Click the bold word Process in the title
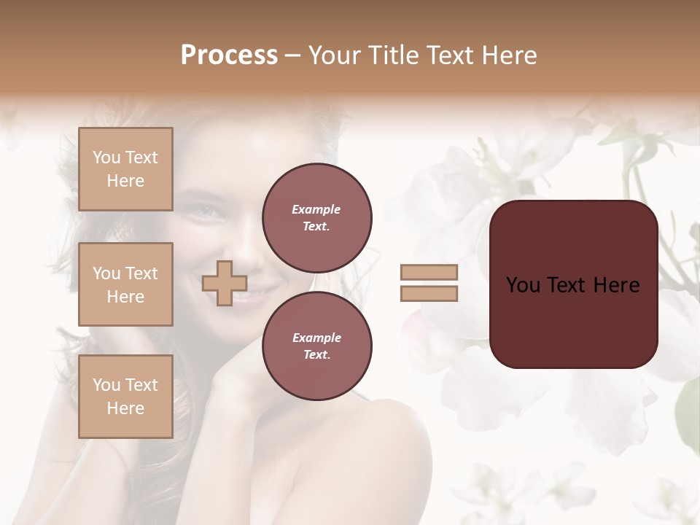click(x=229, y=55)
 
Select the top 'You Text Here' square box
click(x=125, y=169)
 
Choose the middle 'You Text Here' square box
click(x=125, y=284)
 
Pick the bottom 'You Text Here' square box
click(x=125, y=397)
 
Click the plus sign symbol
click(x=225, y=283)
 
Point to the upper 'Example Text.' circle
click(x=316, y=217)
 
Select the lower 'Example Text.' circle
click(x=316, y=346)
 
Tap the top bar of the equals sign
click(x=429, y=272)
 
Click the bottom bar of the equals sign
click(x=429, y=293)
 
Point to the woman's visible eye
click(x=207, y=211)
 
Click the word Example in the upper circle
click(x=316, y=209)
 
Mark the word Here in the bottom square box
click(x=125, y=408)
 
